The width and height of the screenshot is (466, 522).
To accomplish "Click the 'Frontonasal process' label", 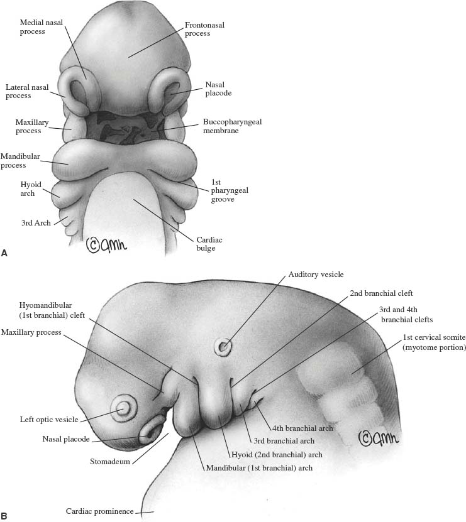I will (x=205, y=29).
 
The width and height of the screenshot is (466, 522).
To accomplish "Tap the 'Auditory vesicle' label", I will (x=316, y=275).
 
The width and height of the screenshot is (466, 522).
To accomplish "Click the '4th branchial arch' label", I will (x=302, y=428).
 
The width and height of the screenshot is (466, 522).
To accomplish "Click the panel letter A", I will (x=4, y=253).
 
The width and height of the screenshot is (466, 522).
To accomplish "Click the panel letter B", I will (x=4, y=516).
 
